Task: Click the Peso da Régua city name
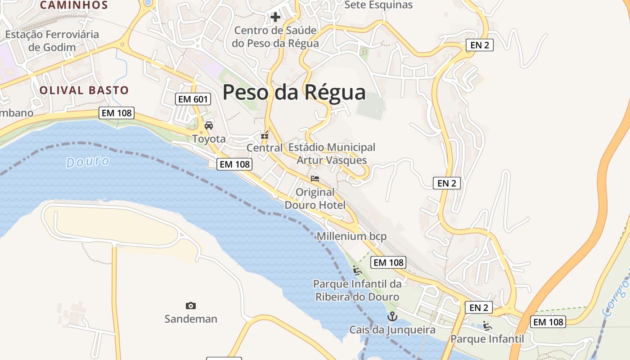pyautogui.click(x=294, y=92)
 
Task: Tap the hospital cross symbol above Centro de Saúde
pyautogui.click(x=275, y=18)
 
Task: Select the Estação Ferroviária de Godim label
pyautogui.click(x=52, y=40)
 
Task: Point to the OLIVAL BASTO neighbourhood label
pyautogui.click(x=84, y=90)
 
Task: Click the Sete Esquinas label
pyautogui.click(x=378, y=5)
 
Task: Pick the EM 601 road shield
pyautogui.click(x=193, y=99)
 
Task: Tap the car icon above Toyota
pyautogui.click(x=208, y=126)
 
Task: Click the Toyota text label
pyautogui.click(x=209, y=139)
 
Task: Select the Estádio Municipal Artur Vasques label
pyautogui.click(x=332, y=153)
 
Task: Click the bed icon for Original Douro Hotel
pyautogui.click(x=315, y=179)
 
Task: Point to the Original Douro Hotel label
pyautogui.click(x=315, y=198)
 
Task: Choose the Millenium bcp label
pyautogui.click(x=351, y=236)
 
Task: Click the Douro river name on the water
pyautogui.click(x=88, y=162)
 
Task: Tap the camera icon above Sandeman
pyautogui.click(x=191, y=306)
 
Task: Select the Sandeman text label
pyautogui.click(x=191, y=319)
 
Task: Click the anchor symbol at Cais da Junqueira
pyautogui.click(x=392, y=316)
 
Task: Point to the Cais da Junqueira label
pyautogui.click(x=392, y=330)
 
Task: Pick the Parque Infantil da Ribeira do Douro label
pyautogui.click(x=357, y=290)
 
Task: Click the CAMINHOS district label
pyautogui.click(x=74, y=5)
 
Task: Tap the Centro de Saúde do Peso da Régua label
pyautogui.click(x=275, y=37)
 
